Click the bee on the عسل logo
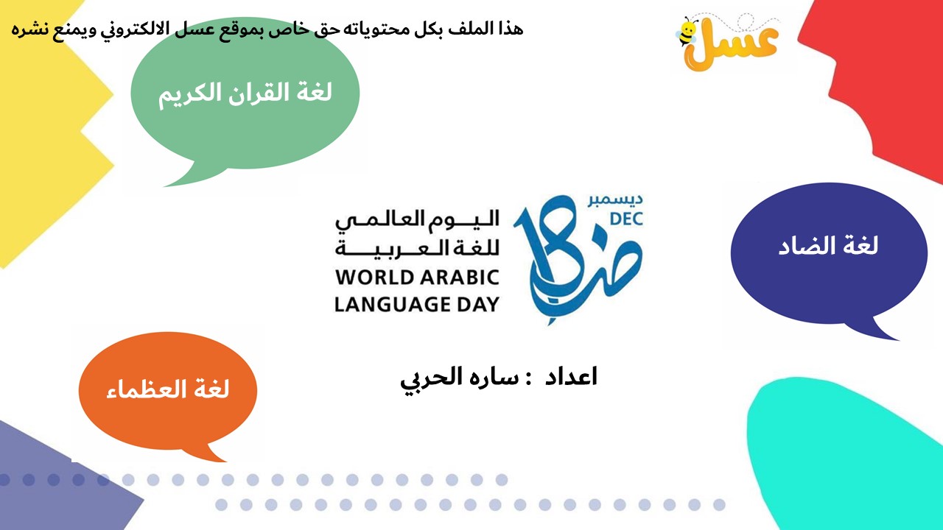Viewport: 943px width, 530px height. [687, 31]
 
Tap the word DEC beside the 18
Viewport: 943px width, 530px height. [626, 219]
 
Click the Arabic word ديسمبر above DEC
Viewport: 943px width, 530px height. [615, 199]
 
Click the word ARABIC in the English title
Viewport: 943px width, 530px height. [460, 278]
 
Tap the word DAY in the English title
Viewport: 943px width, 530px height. [478, 304]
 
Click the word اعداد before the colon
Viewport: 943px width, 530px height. [571, 376]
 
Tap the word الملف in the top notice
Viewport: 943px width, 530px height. [468, 29]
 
